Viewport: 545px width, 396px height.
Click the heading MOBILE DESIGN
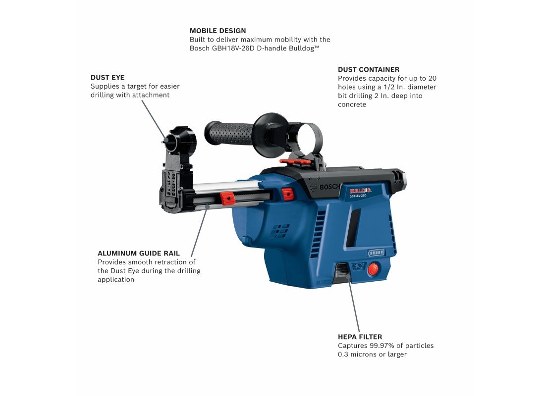click(218, 31)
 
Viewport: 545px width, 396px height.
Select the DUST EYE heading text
click(108, 77)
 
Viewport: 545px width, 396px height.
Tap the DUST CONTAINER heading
click(369, 69)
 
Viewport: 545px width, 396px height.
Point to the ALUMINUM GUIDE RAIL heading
click(139, 253)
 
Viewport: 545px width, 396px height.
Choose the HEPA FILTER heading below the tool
click(360, 337)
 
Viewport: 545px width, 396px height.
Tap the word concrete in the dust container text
click(352, 105)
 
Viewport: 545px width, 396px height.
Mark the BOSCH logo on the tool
click(327, 187)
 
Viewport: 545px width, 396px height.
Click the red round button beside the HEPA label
click(373, 269)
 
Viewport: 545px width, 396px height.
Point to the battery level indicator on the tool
click(376, 253)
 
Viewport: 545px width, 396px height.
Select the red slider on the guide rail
click(227, 199)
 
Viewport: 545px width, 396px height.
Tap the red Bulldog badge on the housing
click(360, 191)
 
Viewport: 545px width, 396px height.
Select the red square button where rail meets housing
click(287, 194)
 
